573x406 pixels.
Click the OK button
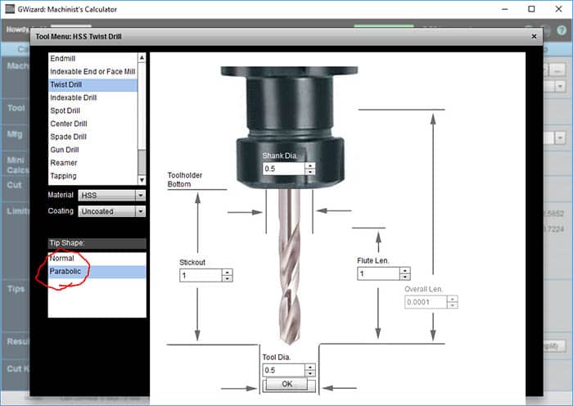point(286,384)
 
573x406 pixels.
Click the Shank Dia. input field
point(282,169)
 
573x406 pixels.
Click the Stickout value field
point(201,276)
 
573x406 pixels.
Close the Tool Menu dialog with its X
point(535,36)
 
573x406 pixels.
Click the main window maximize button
point(531,9)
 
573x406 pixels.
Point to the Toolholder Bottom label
point(185,179)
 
